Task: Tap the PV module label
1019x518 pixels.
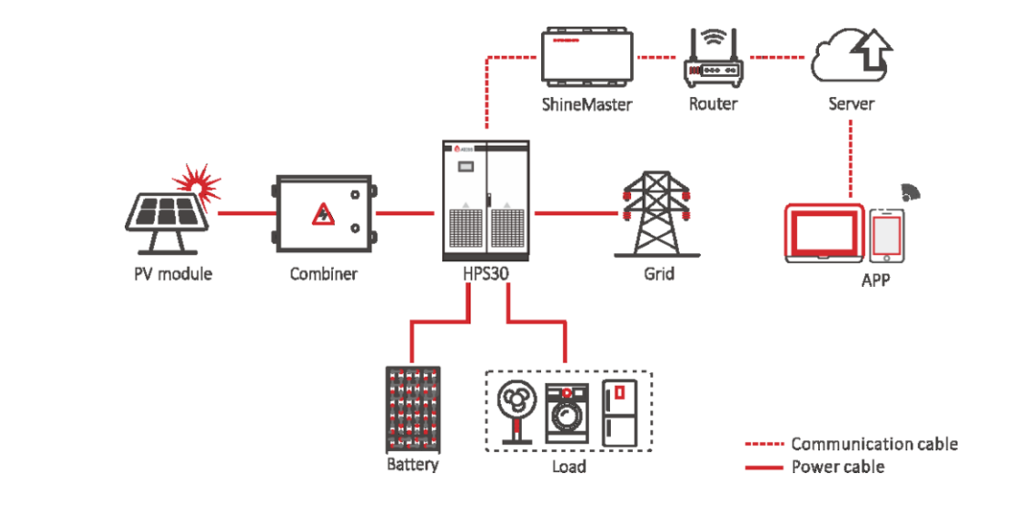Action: [172, 273]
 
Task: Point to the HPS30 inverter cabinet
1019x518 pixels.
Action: [485, 201]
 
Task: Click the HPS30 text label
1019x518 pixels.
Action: [486, 272]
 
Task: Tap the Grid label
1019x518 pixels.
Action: [659, 273]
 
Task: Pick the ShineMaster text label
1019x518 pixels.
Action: [587, 105]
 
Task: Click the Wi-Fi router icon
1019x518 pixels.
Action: [714, 58]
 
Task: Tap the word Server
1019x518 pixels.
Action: [851, 105]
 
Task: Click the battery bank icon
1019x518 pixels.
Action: [413, 409]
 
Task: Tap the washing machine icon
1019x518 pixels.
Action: [568, 413]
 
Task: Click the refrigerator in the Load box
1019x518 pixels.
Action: [619, 413]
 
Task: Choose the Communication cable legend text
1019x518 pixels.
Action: [874, 444]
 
